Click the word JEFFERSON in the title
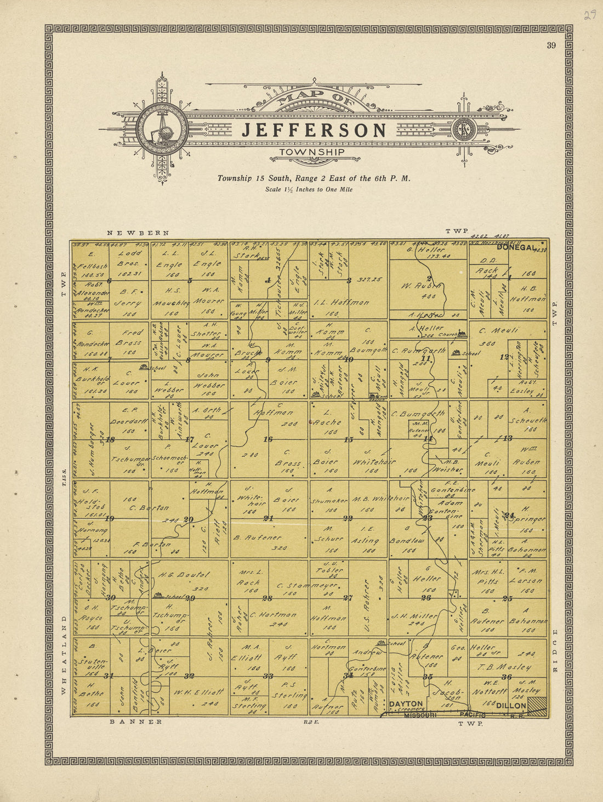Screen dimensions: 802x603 314,131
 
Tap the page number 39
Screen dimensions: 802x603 551,46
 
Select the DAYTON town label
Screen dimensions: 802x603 406,704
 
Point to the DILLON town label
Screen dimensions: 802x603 511,706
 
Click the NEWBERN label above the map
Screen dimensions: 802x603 138,233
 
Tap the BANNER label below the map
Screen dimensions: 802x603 136,722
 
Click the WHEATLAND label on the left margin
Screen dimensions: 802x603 64,655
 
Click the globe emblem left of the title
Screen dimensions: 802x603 162,129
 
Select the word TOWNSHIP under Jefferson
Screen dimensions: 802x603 312,152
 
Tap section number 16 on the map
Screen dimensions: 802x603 268,439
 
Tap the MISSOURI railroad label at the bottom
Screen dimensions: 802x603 420,715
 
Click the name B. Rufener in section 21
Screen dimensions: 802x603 258,538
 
